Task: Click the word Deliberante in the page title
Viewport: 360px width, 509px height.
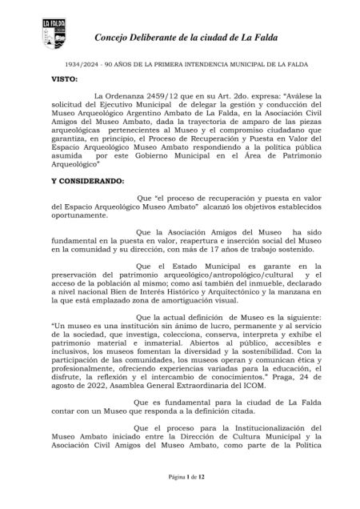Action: pos(165,38)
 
